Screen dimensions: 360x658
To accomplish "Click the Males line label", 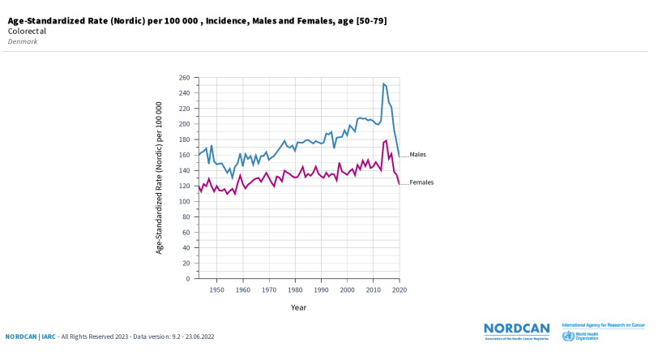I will (x=417, y=154).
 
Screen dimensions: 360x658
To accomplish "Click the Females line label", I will (x=421, y=182).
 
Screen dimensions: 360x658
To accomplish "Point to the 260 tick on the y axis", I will (x=184, y=78).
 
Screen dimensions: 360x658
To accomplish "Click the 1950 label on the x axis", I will (x=216, y=289).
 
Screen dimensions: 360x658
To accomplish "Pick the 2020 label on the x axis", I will (x=399, y=289).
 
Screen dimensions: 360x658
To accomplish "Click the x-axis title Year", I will (x=299, y=307).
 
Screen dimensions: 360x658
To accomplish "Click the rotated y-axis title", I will (x=160, y=178).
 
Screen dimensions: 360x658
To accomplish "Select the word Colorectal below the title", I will (x=26, y=31).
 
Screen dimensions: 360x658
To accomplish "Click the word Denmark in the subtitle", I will (x=23, y=41).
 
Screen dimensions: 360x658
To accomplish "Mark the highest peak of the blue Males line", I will (x=383, y=84).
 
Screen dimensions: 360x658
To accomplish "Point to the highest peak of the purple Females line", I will (x=387, y=140).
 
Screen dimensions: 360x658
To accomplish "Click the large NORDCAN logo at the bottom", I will (x=516, y=328).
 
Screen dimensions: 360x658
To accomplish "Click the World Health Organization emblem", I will (x=568, y=336).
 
